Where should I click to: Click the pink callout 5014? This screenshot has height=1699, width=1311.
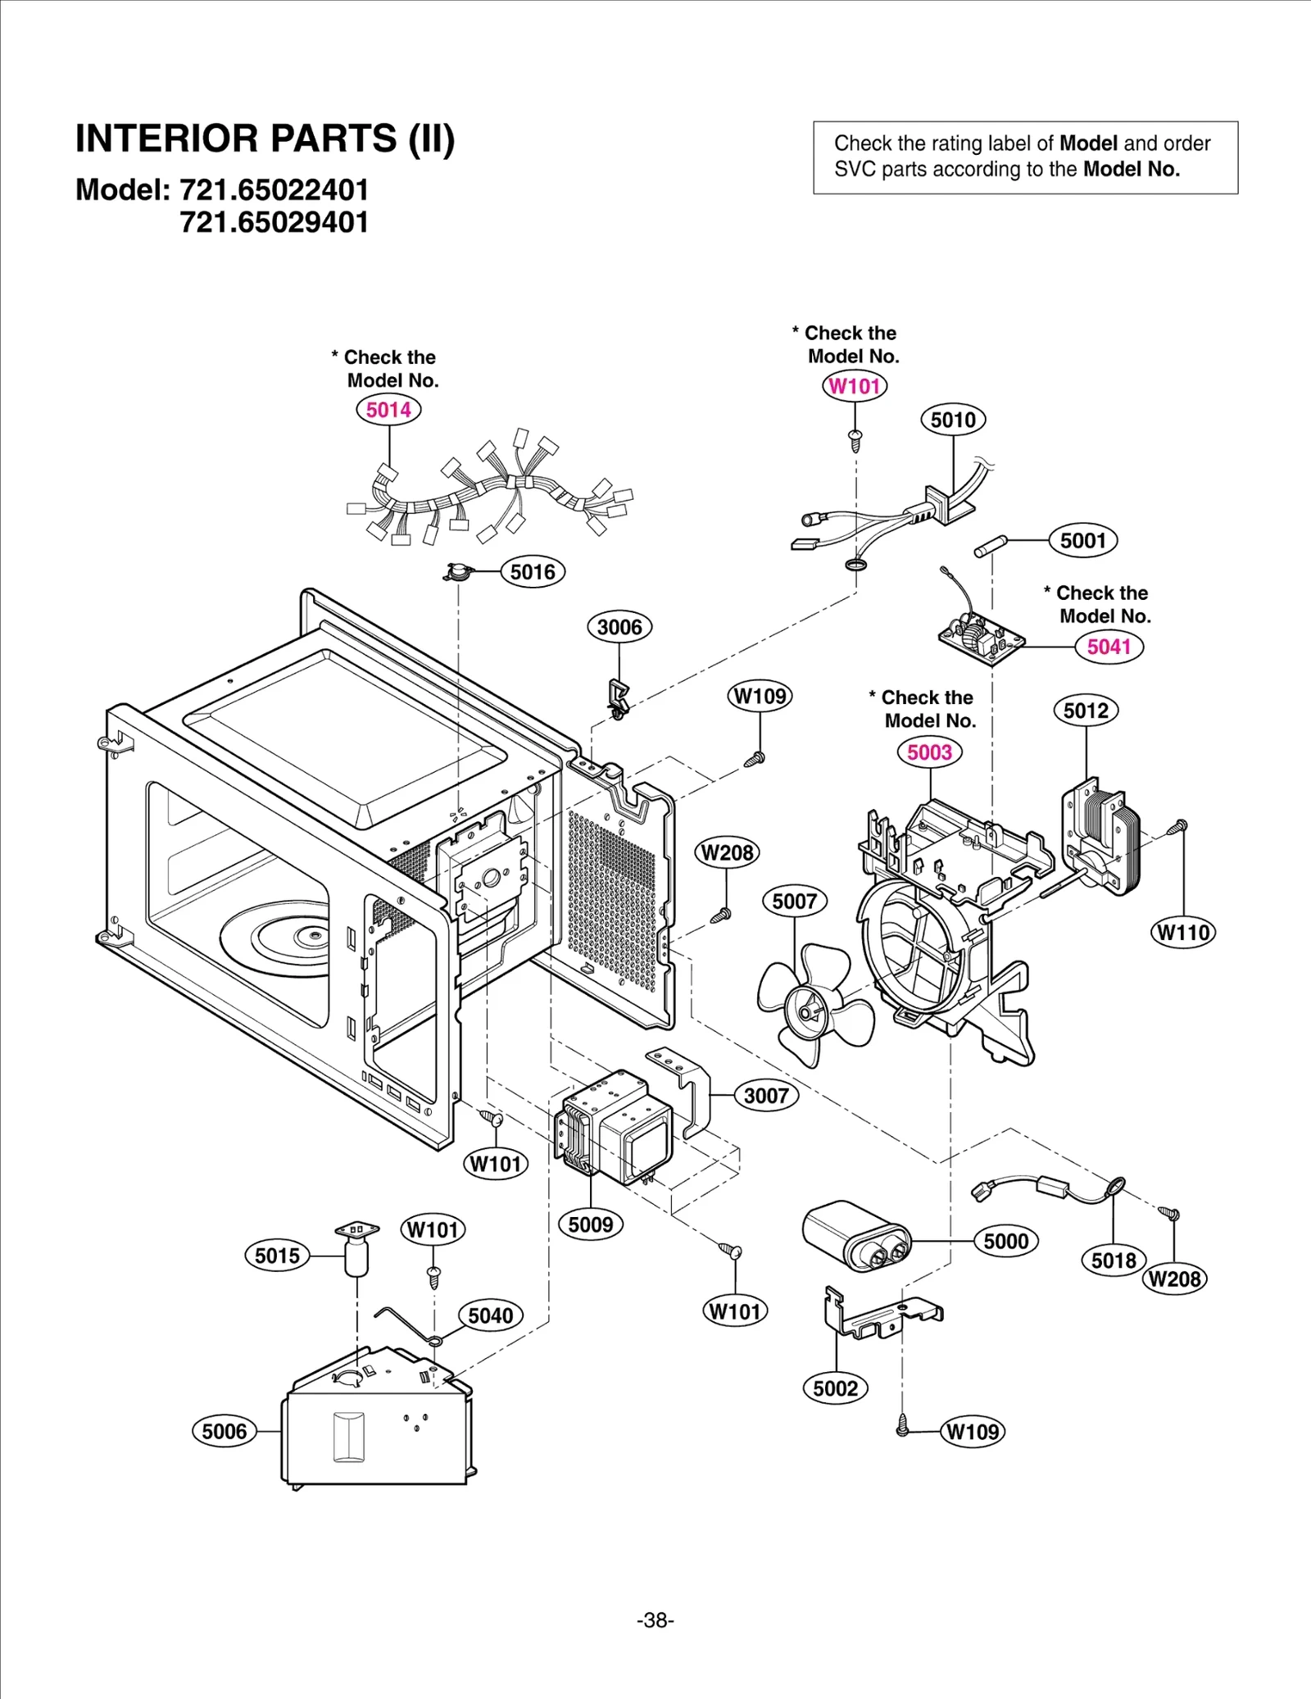pos(388,410)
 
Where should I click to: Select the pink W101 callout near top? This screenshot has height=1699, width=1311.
pos(854,386)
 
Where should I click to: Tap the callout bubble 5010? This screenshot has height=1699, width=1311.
pos(953,420)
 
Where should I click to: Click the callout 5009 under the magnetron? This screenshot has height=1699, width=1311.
pos(590,1224)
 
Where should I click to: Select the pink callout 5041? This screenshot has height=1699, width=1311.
pos(1109,647)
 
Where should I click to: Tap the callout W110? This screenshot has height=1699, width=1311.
pos(1183,932)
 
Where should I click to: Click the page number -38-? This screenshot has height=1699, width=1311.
pos(655,1620)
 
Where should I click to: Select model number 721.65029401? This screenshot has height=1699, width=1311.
pos(274,222)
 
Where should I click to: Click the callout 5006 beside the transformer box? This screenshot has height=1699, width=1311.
pos(224,1431)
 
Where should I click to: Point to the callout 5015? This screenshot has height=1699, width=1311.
pos(277,1256)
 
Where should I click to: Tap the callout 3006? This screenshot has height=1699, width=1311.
pos(619,627)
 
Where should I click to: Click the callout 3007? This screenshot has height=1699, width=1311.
pos(765,1096)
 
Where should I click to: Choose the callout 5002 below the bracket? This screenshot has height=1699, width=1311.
pos(835,1388)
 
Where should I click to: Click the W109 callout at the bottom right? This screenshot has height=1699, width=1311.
pos(973,1431)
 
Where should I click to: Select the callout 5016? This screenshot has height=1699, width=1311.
pos(533,572)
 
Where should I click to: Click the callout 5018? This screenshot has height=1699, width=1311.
pos(1114,1260)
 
